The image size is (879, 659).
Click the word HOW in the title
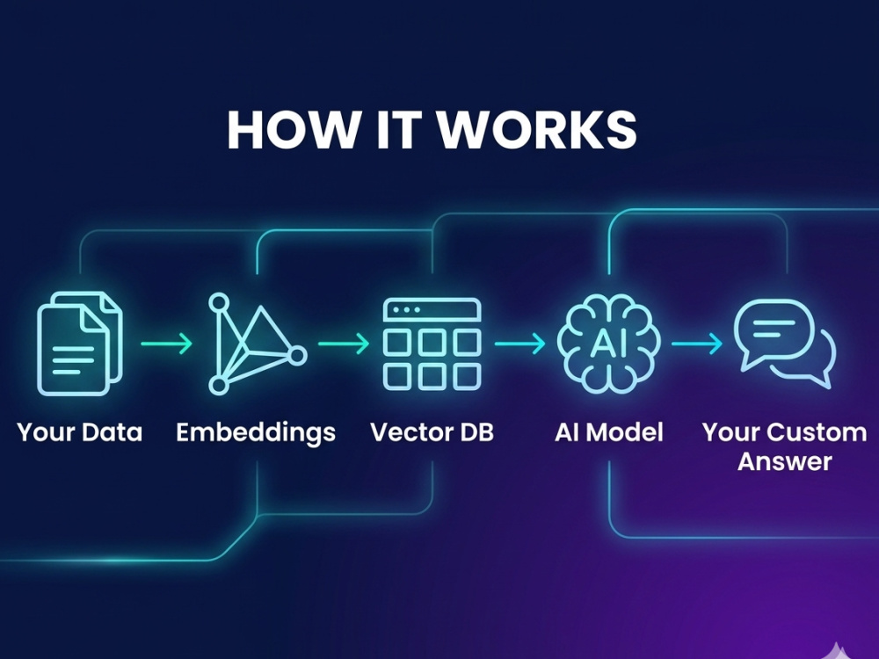click(292, 129)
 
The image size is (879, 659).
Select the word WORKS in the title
click(536, 129)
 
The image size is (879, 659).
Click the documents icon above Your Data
click(80, 344)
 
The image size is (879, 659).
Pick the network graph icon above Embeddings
click(258, 344)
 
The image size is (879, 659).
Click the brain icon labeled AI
click(609, 344)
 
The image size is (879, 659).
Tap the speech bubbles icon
click(785, 344)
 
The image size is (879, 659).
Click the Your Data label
click(80, 432)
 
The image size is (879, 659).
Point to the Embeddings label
click(256, 433)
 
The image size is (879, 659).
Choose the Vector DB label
click(432, 432)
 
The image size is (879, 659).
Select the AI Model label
click(609, 432)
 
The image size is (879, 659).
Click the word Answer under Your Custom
click(785, 462)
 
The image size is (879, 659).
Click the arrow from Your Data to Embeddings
click(166, 344)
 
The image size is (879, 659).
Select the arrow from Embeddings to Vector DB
click(344, 344)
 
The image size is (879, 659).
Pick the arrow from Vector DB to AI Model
click(520, 344)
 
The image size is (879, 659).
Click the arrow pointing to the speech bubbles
click(697, 344)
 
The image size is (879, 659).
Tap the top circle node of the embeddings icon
click(219, 302)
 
